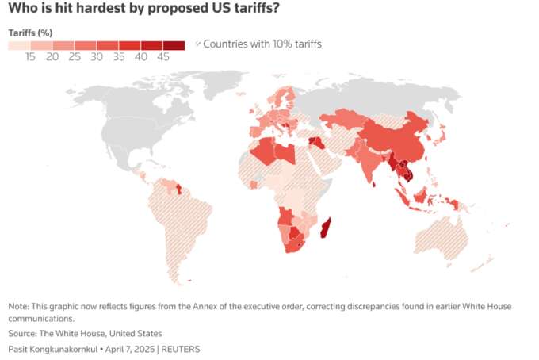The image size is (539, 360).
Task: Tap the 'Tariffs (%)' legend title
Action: pyautogui.click(x=30, y=33)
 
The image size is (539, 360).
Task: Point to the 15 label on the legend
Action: pyautogui.click(x=30, y=57)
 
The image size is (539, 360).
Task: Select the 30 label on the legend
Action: pyautogui.click(x=97, y=57)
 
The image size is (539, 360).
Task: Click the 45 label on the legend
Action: pyautogui.click(x=163, y=57)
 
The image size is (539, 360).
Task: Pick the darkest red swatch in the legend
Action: pyautogui.click(x=174, y=46)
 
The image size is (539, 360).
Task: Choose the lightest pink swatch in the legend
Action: pyautogui.click(x=19, y=46)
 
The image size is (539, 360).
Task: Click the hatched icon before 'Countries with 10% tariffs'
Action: pyautogui.click(x=198, y=44)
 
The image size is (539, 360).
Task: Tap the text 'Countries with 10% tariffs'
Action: pyautogui.click(x=262, y=44)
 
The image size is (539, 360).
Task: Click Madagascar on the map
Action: pyautogui.click(x=325, y=228)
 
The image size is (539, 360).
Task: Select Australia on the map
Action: pyautogui.click(x=442, y=238)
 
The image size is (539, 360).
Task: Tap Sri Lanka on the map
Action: pyautogui.click(x=374, y=185)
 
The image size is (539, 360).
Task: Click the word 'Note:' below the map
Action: pyautogui.click(x=19, y=306)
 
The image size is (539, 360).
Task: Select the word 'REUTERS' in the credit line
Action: pyautogui.click(x=181, y=350)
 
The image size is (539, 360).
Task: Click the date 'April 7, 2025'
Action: pyautogui.click(x=129, y=350)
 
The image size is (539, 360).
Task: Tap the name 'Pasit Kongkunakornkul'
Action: pyautogui.click(x=53, y=350)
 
